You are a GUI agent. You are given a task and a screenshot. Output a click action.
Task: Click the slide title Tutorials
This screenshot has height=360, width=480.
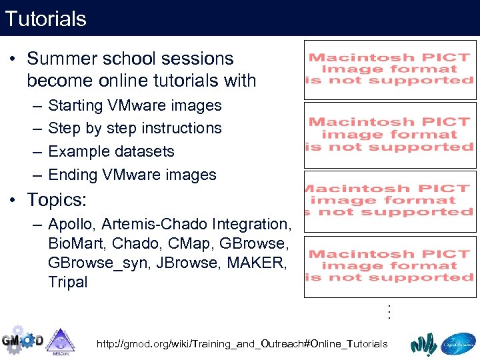45,18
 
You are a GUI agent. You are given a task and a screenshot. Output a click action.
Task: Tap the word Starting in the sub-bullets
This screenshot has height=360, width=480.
74,105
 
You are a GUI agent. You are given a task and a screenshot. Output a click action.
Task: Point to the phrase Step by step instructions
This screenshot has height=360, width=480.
135,128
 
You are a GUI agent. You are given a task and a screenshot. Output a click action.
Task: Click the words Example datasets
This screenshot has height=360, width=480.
111,151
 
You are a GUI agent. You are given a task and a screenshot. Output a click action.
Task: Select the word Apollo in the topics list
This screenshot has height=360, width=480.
70,224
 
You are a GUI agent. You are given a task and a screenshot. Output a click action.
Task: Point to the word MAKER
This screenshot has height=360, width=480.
257,263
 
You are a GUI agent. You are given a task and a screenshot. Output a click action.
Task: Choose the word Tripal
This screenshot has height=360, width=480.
68,282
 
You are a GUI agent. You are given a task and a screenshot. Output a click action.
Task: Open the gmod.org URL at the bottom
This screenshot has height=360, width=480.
241,344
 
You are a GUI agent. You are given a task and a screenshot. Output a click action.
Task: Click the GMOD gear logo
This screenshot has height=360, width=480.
21,341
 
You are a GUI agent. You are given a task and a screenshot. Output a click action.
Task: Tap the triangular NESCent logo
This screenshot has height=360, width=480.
61,342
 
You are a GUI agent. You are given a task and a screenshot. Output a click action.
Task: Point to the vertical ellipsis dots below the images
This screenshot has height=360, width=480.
389,311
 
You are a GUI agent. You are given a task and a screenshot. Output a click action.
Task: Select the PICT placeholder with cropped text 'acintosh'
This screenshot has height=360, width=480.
389,200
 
